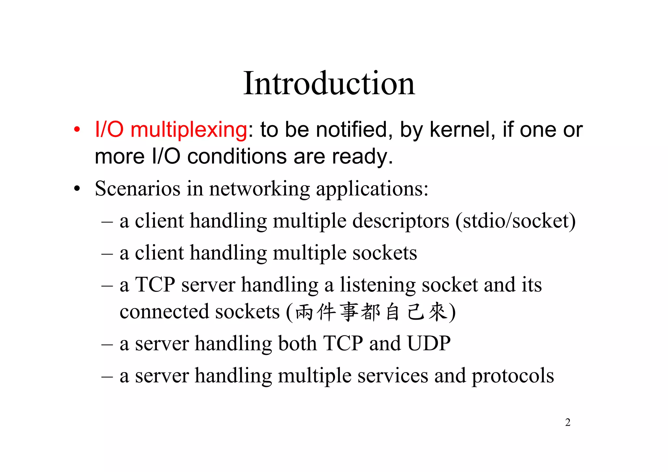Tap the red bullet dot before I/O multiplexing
pyautogui.click(x=77, y=130)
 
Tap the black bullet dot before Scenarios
pyautogui.click(x=77, y=189)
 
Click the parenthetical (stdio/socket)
pyautogui.click(x=515, y=221)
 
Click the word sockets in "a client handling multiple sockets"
pyautogui.click(x=385, y=253)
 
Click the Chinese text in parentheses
pyautogui.click(x=371, y=312)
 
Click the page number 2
pyautogui.click(x=568, y=422)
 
